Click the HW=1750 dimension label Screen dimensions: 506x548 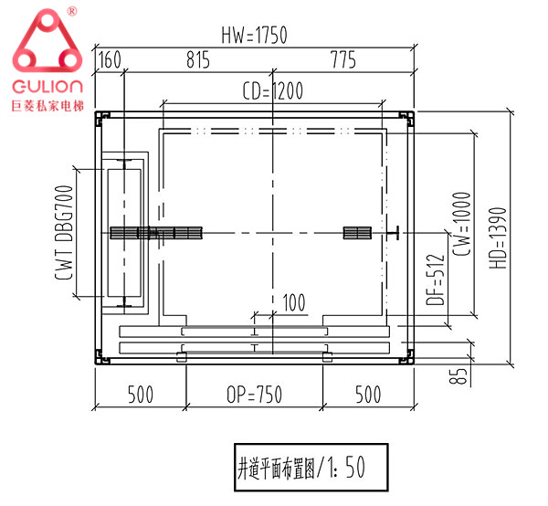pos(254,36)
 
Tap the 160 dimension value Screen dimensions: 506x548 pos(109,60)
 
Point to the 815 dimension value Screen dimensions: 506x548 pos(198,60)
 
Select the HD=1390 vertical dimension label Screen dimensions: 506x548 pos(498,235)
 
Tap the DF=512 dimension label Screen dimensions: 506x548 pos(436,279)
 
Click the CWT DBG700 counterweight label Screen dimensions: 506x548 pos(64,234)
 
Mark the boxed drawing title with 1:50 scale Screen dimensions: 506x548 pos(309,468)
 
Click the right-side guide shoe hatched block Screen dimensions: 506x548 pos(356,233)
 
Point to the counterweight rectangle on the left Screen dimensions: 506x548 pos(121,233)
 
